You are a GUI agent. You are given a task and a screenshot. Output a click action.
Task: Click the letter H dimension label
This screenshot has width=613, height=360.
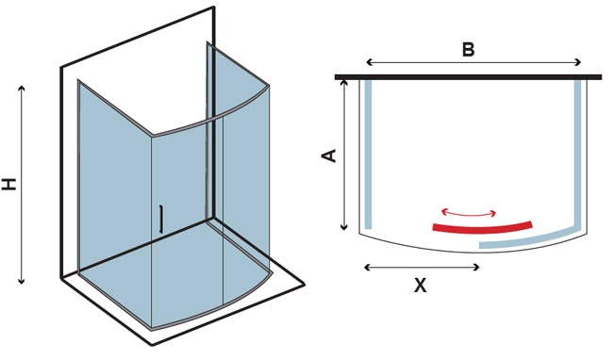pyautogui.click(x=9, y=184)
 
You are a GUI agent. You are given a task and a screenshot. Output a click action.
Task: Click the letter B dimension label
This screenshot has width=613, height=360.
pyautogui.click(x=468, y=50)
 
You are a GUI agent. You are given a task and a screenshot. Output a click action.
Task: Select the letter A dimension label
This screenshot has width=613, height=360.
pyautogui.click(x=329, y=155)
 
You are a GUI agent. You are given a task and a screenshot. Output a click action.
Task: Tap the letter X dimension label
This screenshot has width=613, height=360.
pyautogui.click(x=421, y=286)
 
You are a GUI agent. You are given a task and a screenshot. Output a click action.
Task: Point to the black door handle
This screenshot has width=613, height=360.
pyautogui.click(x=160, y=219)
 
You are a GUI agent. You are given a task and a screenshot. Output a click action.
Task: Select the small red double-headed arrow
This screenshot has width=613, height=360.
pyautogui.click(x=469, y=213)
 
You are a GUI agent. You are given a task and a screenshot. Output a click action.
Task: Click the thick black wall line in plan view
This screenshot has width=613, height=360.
pyautogui.click(x=468, y=77)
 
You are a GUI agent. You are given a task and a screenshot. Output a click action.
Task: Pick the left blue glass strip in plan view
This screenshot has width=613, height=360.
pyautogui.click(x=368, y=155)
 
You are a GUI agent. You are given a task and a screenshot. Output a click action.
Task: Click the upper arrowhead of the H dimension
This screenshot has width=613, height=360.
pyautogui.click(x=22, y=89)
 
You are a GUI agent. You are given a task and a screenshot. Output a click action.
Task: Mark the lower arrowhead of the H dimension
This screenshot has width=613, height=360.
pyautogui.click(x=22, y=281)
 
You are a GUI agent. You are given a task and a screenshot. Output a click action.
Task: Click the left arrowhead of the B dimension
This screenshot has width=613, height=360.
pyautogui.click(x=369, y=61)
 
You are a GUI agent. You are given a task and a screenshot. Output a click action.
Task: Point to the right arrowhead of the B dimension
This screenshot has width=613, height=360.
pyautogui.click(x=579, y=62)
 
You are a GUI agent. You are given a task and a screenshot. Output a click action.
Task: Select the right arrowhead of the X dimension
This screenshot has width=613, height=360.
pyautogui.click(x=476, y=267)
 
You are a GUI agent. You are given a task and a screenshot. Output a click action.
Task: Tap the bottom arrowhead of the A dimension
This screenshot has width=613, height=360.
pyautogui.click(x=344, y=227)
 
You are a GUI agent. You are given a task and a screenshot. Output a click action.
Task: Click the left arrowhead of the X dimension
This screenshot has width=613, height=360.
pyautogui.click(x=367, y=267)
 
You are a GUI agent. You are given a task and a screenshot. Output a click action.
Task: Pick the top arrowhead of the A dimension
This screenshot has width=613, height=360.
pyautogui.click(x=344, y=83)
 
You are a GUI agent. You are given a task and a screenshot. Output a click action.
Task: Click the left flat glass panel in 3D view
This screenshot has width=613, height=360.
pyautogui.click(x=114, y=203)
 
